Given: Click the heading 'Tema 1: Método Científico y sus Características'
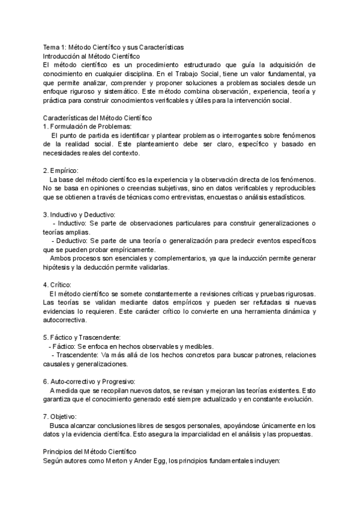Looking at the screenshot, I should pyautogui.click(x=113, y=47).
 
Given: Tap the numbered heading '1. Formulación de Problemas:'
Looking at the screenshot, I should pyautogui.click(x=87, y=127).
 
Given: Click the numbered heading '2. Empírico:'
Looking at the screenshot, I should pyautogui.click(x=61, y=170).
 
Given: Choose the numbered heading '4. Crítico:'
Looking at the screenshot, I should pyautogui.click(x=58, y=285).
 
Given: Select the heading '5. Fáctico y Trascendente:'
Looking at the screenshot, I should pyautogui.click(x=82, y=337).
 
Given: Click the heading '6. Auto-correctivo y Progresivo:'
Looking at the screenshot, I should pyautogui.click(x=89, y=381).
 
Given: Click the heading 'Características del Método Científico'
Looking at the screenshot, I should pyautogui.click(x=98, y=118).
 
